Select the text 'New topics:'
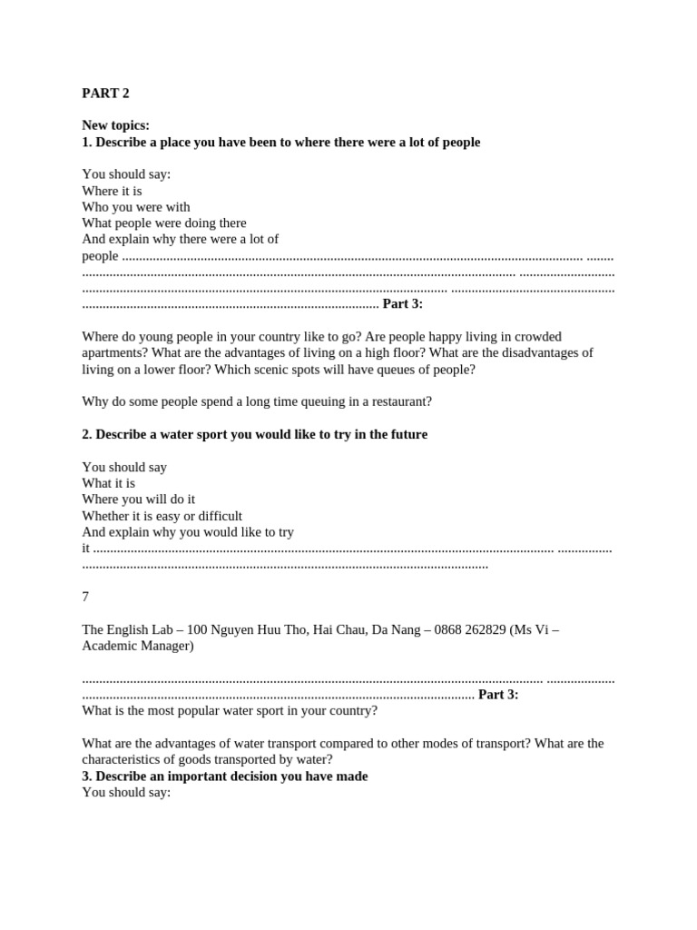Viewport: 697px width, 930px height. pos(115,125)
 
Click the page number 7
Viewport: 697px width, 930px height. pos(85,597)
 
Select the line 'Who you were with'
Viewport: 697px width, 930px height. pos(135,207)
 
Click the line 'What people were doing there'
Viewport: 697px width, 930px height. pos(163,223)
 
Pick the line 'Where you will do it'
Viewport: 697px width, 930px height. pos(138,500)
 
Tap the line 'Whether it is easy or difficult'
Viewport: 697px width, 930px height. pos(162,516)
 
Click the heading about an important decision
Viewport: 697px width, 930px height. pos(224,777)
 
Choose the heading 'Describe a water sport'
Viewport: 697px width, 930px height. pos(254,435)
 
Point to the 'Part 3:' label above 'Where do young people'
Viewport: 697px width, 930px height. pos(402,304)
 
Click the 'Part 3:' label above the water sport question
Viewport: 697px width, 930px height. pos(498,695)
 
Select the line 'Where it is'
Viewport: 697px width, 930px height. pos(112,191)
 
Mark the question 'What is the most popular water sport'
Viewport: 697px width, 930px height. pos(229,710)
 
